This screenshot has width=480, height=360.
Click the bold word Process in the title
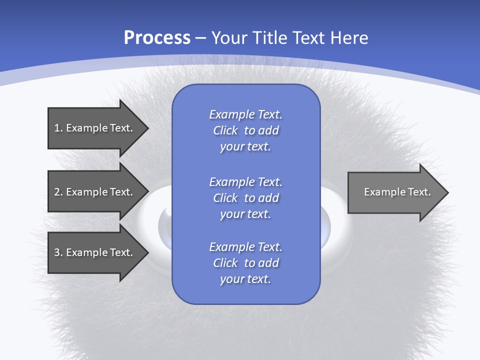coord(157,38)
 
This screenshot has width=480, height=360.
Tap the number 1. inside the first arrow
coord(58,128)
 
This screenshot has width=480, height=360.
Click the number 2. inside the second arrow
coord(58,192)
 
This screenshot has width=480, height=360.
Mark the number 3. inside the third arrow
coord(58,252)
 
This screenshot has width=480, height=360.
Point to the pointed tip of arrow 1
coord(146,128)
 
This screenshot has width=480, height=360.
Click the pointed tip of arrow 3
coord(146,252)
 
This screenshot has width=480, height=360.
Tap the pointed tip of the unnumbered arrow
coord(446,192)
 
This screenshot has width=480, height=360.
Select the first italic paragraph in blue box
coord(245,130)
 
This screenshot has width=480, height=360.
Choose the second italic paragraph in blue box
coord(245,197)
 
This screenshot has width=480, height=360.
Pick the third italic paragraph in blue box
coord(245,263)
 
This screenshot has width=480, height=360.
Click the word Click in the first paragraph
coord(225,130)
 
